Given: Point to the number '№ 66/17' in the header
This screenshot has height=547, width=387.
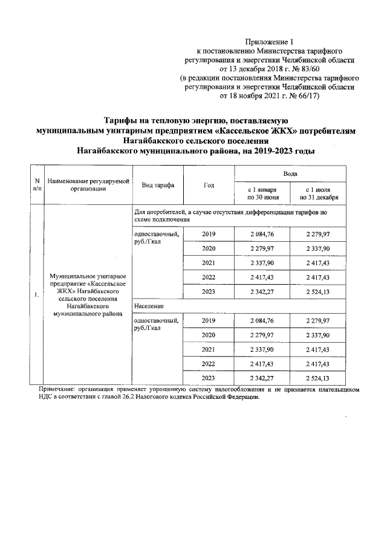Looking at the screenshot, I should pos(302,95).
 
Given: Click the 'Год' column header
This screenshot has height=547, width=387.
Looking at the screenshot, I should pos(209,185).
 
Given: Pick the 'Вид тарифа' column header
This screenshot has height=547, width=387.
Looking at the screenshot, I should pos(158,185).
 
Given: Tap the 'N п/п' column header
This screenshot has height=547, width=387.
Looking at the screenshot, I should pos(37,185).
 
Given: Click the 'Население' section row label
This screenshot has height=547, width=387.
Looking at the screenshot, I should pos(148,307).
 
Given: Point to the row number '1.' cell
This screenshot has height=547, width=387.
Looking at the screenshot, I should pos(37,296).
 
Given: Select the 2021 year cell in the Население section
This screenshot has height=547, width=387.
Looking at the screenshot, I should pos(209,349).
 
